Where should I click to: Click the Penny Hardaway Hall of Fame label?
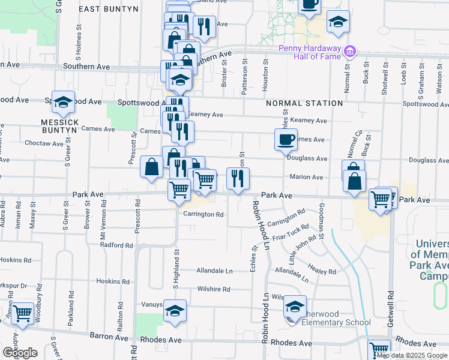click(311, 52)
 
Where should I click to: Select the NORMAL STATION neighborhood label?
click(305, 103)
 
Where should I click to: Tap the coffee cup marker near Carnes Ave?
click(286, 140)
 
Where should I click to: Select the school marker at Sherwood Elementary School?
click(294, 307)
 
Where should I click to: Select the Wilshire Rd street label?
click(214, 289)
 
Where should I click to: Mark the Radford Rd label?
click(116, 245)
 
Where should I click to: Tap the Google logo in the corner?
click(20, 353)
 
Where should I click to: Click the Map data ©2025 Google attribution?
click(412, 355)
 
